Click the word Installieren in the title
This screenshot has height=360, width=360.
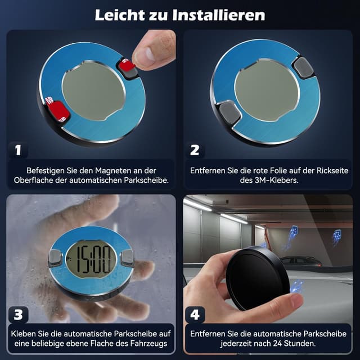217,14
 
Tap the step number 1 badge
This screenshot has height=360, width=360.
18,150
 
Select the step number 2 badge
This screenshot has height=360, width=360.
195,150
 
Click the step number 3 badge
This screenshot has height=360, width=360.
18,314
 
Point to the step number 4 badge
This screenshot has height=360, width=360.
195,314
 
